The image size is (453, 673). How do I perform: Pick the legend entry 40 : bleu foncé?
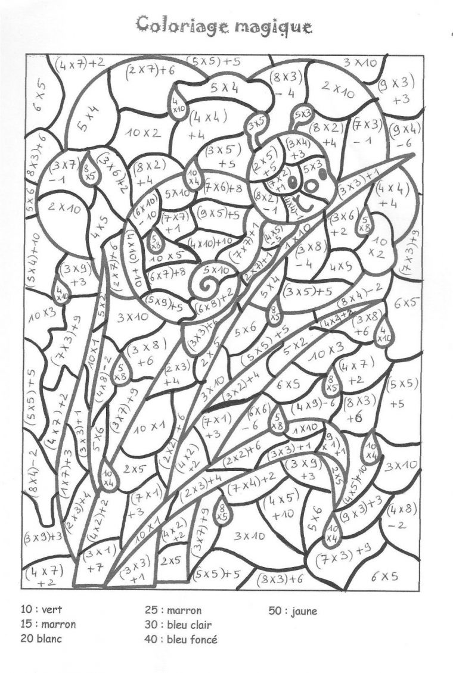click(181, 640)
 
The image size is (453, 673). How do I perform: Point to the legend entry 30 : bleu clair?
click(178, 625)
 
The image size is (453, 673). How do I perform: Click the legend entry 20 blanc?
click(41, 639)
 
